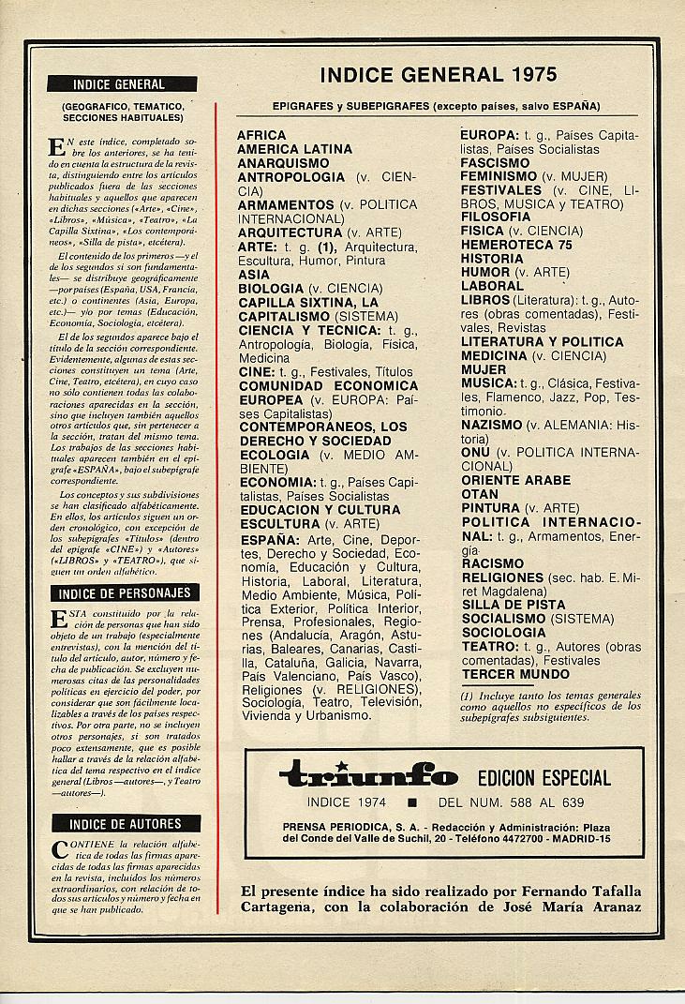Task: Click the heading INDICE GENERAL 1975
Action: tap(438, 75)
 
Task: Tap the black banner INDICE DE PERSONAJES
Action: tap(125, 593)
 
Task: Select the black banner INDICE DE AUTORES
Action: tap(125, 824)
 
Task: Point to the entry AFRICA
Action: tap(261, 135)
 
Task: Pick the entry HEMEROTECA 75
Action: tap(515, 245)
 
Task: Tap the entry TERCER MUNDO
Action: tap(515, 674)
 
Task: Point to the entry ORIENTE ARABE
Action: tap(515, 480)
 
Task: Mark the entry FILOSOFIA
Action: tap(496, 217)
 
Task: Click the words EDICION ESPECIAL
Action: tap(544, 778)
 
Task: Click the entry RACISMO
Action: tap(493, 563)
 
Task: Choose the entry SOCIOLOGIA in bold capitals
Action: tap(503, 633)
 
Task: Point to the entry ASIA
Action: tap(254, 275)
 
